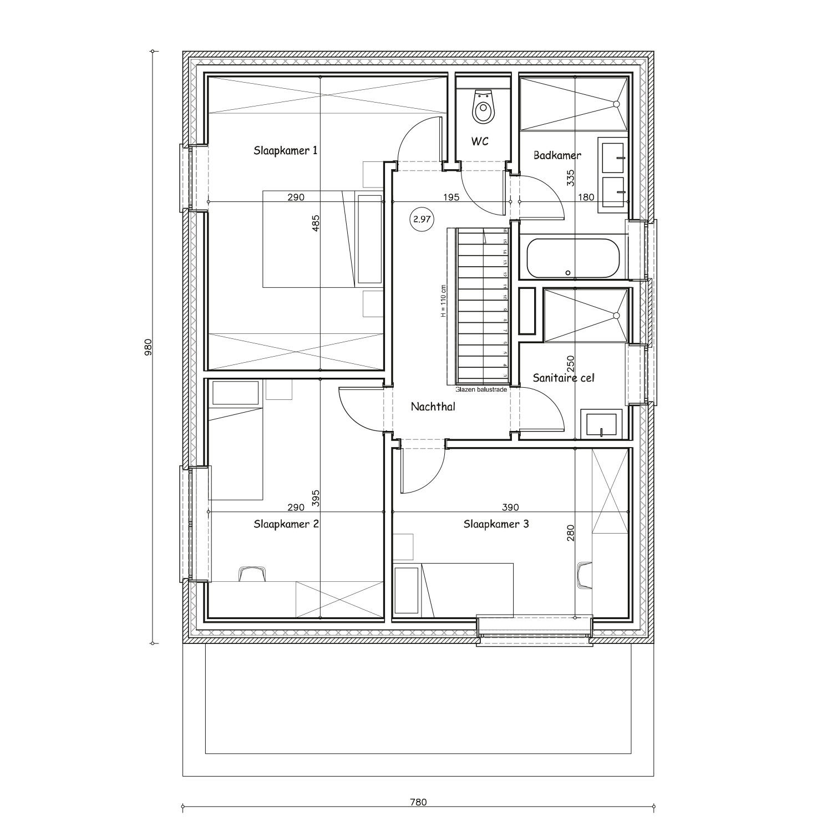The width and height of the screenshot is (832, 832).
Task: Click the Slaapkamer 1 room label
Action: point(286,150)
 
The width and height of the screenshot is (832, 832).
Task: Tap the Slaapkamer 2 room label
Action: point(286,524)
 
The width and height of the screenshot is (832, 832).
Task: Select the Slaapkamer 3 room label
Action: point(496,524)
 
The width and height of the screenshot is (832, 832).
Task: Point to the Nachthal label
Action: point(433,407)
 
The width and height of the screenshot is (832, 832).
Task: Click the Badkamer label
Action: point(557,155)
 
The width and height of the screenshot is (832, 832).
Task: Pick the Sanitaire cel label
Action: point(563,378)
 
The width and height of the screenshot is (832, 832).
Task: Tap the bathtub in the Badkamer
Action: point(572,258)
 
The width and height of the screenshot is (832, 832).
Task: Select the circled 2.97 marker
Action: point(422,219)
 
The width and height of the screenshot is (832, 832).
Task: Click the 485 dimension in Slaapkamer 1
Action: point(316,222)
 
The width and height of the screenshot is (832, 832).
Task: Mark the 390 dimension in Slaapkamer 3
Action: point(510,507)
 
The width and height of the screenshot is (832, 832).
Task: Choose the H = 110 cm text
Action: point(443,301)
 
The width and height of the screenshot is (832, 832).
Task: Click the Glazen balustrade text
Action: point(481,389)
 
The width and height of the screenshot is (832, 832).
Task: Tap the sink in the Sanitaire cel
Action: point(601,424)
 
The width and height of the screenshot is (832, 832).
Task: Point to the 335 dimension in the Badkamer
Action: point(571,177)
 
